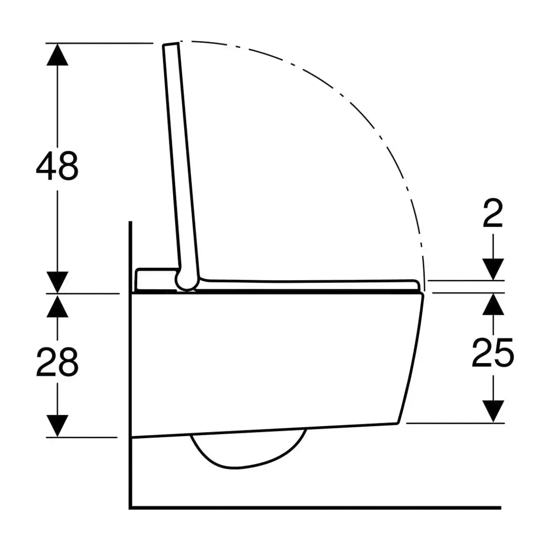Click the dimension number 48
57,166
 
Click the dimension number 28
57,362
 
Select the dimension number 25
493,353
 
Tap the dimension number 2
493,212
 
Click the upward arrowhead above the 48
57,55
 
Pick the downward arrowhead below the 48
57,282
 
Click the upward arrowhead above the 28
57,306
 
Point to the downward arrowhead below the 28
57,426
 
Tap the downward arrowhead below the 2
493,269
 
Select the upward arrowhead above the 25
493,304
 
